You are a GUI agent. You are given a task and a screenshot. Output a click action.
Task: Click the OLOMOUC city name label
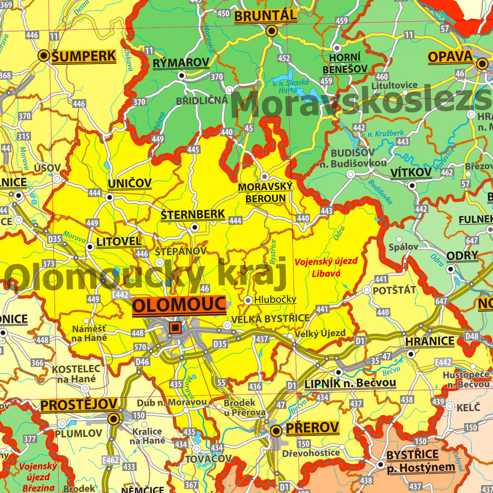tap(179, 305)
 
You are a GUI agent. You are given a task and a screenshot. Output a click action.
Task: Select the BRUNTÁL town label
tap(266, 16)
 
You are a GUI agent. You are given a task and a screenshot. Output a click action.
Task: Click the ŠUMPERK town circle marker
tap(44, 55)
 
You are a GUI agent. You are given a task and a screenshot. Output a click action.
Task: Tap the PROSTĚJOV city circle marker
tap(114, 419)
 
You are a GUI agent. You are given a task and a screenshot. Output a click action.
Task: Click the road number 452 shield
tap(284, 58)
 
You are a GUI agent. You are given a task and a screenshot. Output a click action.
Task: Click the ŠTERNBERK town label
tap(193, 214)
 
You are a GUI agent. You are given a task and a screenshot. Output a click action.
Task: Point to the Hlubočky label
tap(275, 299)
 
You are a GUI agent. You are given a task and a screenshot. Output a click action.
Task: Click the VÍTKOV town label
tap(411, 173)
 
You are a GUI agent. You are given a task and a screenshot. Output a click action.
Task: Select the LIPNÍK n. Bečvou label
tap(350, 383)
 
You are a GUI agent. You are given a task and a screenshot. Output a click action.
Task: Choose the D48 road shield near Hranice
tap(472, 336)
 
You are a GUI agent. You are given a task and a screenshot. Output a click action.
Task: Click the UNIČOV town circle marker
tap(109, 197)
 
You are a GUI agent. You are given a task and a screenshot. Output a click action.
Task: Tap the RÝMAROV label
tap(181, 63)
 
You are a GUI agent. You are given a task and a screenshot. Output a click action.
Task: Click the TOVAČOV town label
tap(208, 459)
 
